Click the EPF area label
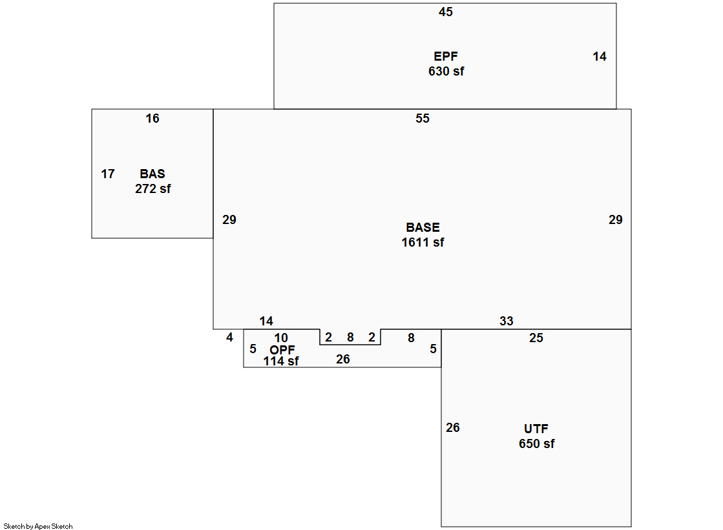pos(446,57)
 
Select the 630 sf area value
pos(446,72)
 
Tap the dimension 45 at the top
pos(446,12)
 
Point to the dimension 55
pos(423,119)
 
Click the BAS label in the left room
pos(152,174)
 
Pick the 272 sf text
pos(153,189)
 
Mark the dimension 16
pos(152,119)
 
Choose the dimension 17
pos(108,174)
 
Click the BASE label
pos(423,228)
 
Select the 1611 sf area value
pos(423,243)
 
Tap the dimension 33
pos(507,321)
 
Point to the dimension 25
pos(536,338)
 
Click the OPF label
pos(282,350)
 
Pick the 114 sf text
pos(281,362)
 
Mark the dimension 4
pos(229,338)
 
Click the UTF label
pos(536,429)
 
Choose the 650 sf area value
pos(536,444)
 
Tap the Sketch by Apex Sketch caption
pos(38,527)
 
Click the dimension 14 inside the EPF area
pos(600,57)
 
